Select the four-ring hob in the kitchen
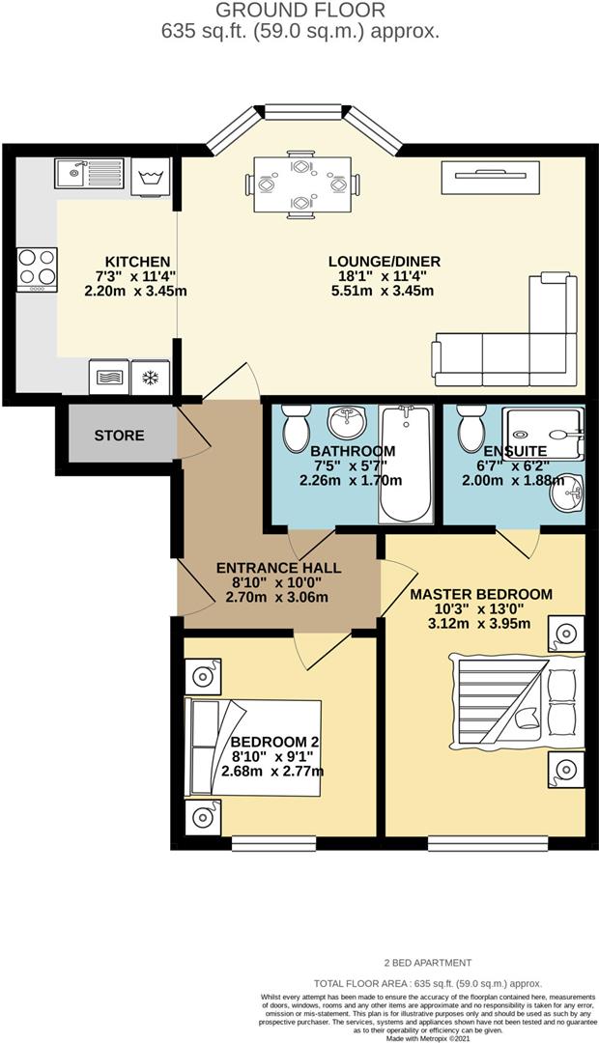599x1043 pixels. tap(37, 269)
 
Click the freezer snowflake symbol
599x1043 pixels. tap(151, 377)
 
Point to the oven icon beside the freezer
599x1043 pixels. tap(108, 377)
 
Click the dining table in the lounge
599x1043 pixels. tap(301, 183)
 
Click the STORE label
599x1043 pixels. tap(119, 436)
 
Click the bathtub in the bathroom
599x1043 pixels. tap(405, 464)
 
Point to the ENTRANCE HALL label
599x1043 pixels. tap(277, 567)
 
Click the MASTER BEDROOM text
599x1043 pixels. tap(480, 594)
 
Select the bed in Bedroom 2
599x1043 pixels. tap(253, 747)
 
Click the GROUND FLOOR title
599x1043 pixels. tap(299, 11)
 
